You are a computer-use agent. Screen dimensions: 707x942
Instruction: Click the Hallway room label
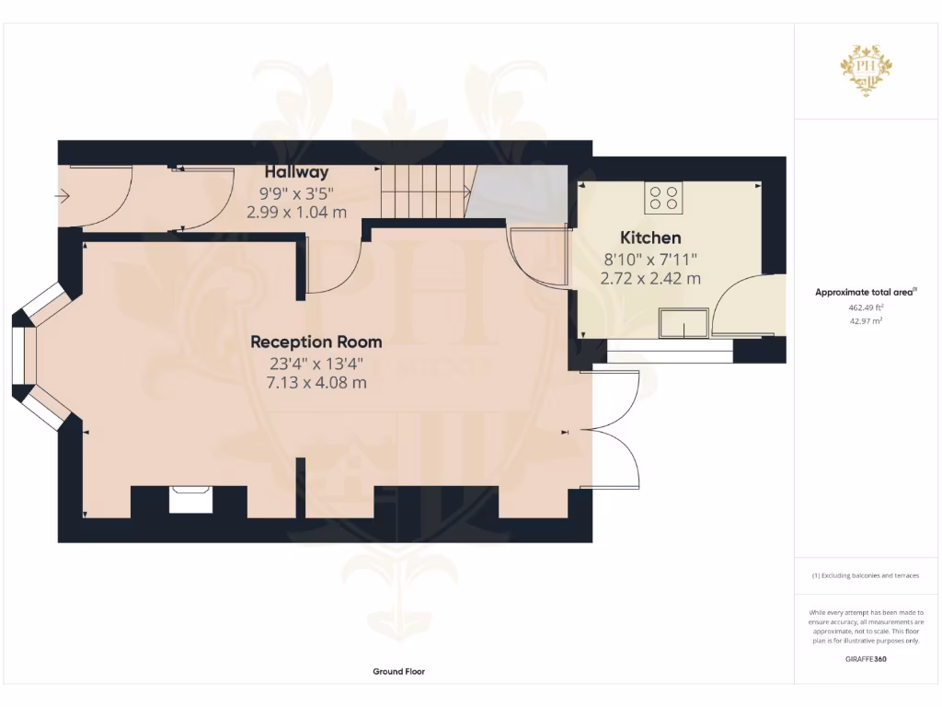(x=296, y=172)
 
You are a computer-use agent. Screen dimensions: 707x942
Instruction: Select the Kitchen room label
(x=650, y=238)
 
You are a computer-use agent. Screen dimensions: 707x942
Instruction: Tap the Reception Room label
(x=316, y=342)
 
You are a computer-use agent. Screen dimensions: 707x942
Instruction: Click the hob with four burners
(x=664, y=197)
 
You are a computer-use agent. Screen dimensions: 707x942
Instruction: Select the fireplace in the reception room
(x=190, y=501)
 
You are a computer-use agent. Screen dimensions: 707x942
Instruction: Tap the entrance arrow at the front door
(x=63, y=195)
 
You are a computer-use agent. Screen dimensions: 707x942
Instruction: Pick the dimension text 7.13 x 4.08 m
(x=316, y=382)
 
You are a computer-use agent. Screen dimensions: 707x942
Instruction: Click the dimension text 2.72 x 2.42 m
(x=650, y=278)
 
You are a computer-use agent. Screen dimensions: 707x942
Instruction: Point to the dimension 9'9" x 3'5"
(x=296, y=193)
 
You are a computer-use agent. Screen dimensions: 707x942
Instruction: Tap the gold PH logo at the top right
(x=867, y=70)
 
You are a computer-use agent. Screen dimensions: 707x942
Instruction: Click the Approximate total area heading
(x=866, y=293)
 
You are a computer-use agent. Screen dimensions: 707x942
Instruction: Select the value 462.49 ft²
(x=866, y=307)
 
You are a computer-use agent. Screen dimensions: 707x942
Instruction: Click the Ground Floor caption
(x=398, y=672)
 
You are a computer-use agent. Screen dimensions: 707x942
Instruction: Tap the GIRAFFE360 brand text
(x=866, y=659)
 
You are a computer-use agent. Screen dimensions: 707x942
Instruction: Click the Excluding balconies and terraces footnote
(x=866, y=575)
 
